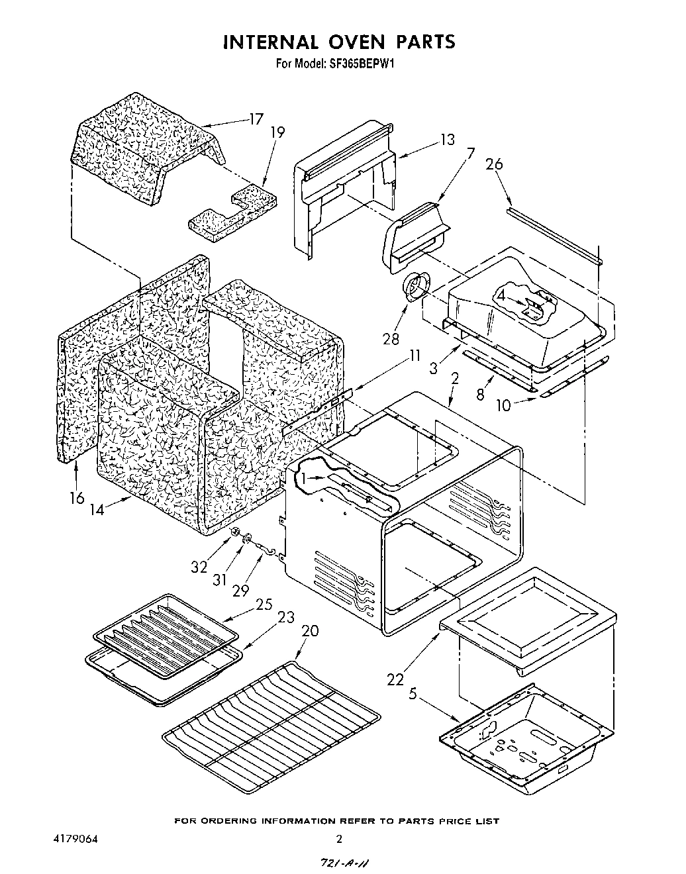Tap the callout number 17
[x=256, y=119]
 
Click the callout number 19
[x=277, y=132]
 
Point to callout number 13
[x=448, y=139]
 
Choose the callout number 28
[x=391, y=338]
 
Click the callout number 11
[x=415, y=355]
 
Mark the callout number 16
[x=77, y=497]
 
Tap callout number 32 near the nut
[x=199, y=567]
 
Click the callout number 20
[x=310, y=630]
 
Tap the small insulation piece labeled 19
[x=232, y=212]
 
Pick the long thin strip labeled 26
[x=555, y=236]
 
